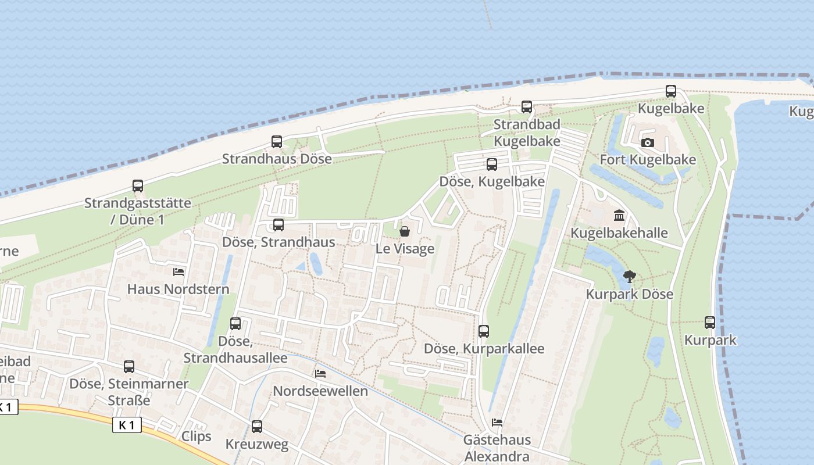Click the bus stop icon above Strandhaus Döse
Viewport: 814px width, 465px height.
[277, 142]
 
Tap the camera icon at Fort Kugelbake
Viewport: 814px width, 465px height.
[647, 143]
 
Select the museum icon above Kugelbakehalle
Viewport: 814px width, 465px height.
[619, 216]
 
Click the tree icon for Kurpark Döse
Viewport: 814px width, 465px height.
[629, 277]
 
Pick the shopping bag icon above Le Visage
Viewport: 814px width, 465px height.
[405, 232]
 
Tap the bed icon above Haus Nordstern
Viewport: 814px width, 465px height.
[178, 272]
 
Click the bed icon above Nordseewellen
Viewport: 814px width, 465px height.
[320, 374]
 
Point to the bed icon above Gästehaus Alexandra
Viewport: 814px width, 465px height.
[497, 423]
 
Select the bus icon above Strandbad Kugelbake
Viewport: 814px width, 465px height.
[527, 107]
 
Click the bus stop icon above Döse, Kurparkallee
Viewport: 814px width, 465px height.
[484, 331]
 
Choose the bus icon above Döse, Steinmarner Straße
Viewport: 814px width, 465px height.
[129, 367]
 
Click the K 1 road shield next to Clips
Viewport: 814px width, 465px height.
[127, 425]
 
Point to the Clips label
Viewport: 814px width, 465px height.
[197, 437]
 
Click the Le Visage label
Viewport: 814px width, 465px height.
[405, 249]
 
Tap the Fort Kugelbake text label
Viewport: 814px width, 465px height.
[648, 160]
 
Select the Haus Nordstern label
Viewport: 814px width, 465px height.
[178, 289]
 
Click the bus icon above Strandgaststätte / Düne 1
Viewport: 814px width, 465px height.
[138, 186]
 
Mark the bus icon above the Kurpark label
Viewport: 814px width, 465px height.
[710, 323]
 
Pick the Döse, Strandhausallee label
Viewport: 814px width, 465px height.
[235, 349]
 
